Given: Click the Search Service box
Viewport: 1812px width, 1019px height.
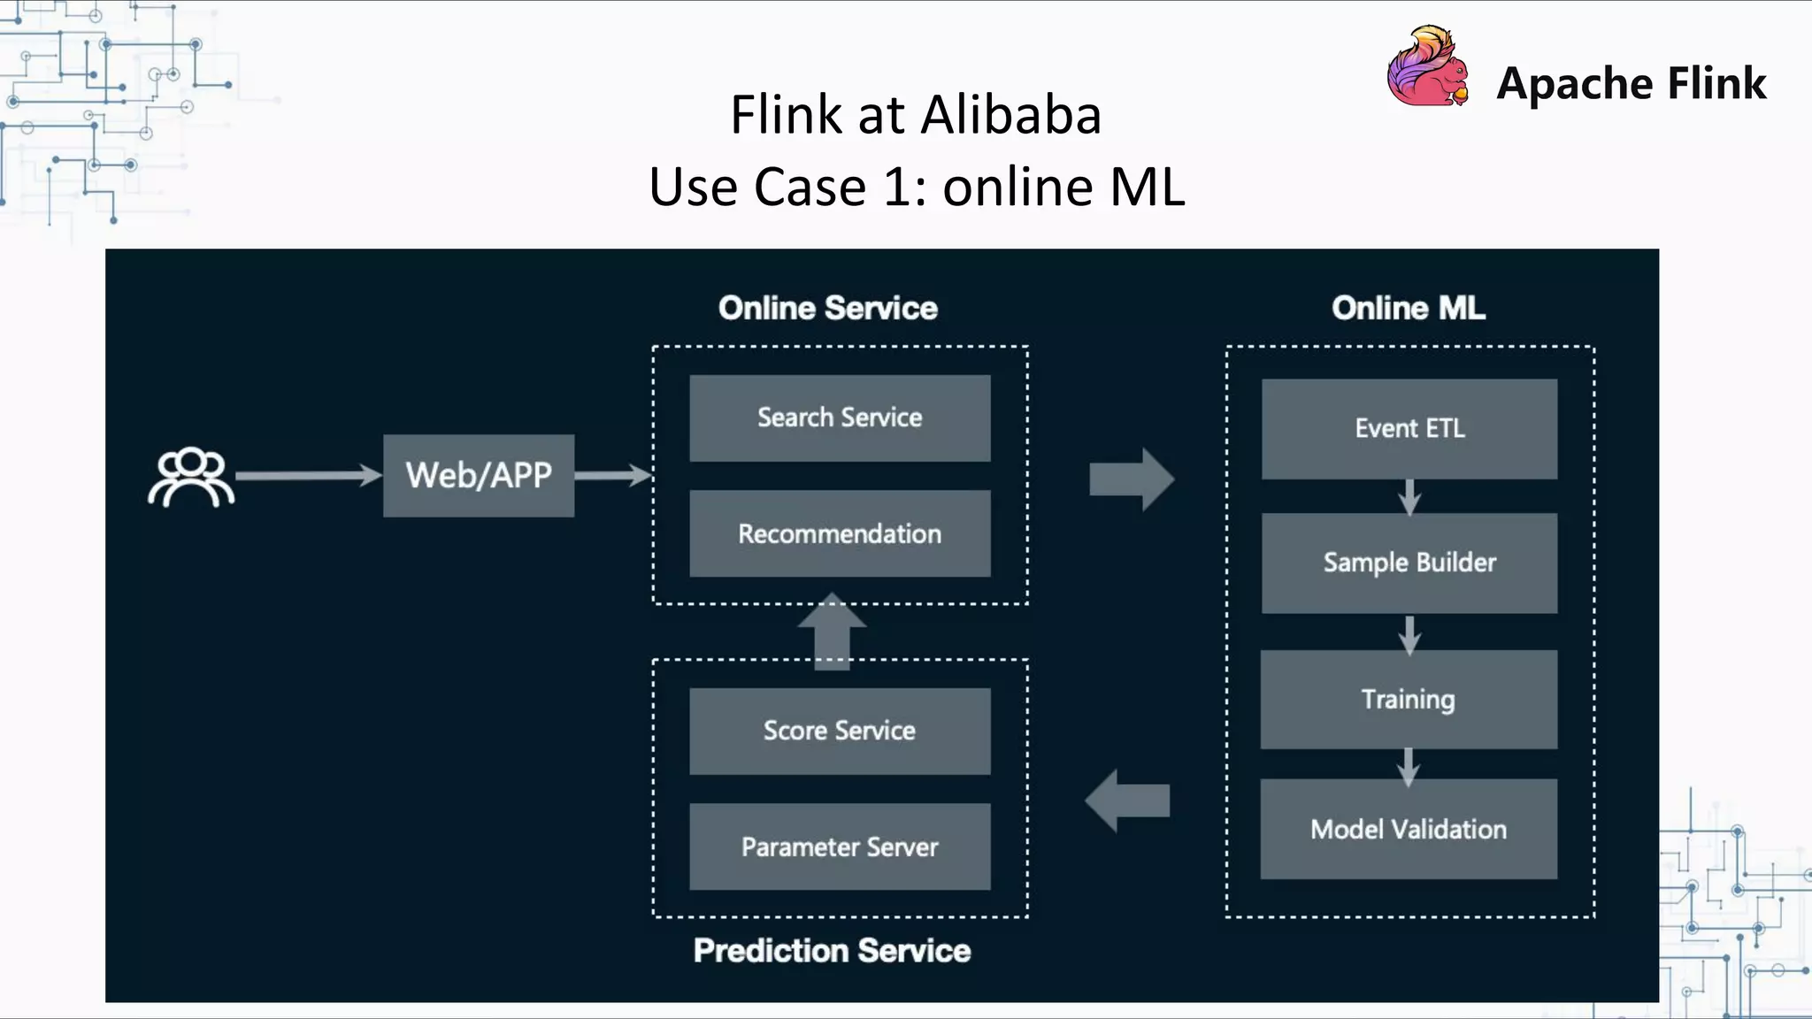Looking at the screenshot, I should pyautogui.click(x=840, y=418).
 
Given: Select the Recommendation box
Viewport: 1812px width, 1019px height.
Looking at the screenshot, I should pyautogui.click(x=840, y=533).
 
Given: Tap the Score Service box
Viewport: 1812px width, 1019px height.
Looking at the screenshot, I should pyautogui.click(x=840, y=731).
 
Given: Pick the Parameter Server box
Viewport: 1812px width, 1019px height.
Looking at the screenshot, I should pyautogui.click(x=840, y=847).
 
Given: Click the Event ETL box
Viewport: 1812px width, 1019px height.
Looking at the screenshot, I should pyautogui.click(x=1409, y=429).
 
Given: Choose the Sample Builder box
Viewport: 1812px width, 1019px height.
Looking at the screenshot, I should pyautogui.click(x=1409, y=563).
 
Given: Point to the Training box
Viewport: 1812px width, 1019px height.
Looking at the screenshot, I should pyautogui.click(x=1409, y=700).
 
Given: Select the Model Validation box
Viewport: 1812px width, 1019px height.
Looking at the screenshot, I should pyautogui.click(x=1409, y=829).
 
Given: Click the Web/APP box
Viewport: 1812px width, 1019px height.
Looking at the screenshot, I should pyautogui.click(x=479, y=476).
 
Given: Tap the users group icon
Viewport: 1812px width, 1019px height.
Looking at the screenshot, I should pyautogui.click(x=191, y=478).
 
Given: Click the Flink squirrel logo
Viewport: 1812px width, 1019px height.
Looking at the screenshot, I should pyautogui.click(x=1427, y=68).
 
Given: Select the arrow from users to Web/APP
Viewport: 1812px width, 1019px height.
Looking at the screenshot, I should pyautogui.click(x=308, y=476).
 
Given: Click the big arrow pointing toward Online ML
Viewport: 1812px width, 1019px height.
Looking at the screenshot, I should pyautogui.click(x=1132, y=479).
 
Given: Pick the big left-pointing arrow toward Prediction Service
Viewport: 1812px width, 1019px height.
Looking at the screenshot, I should pyautogui.click(x=1127, y=801).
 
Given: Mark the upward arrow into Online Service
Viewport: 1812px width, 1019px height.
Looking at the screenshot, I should pyautogui.click(x=832, y=630).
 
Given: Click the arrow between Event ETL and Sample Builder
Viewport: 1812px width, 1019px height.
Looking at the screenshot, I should pyautogui.click(x=1409, y=497).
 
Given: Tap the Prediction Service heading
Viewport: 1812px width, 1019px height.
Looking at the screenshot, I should pyautogui.click(x=832, y=951).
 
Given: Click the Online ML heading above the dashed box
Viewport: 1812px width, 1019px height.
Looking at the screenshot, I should pyautogui.click(x=1409, y=308).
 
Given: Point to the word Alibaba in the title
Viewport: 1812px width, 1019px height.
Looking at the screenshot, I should pyautogui.click(x=1012, y=115).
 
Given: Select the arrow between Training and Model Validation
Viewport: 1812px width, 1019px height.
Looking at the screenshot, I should pyautogui.click(x=1409, y=766).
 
